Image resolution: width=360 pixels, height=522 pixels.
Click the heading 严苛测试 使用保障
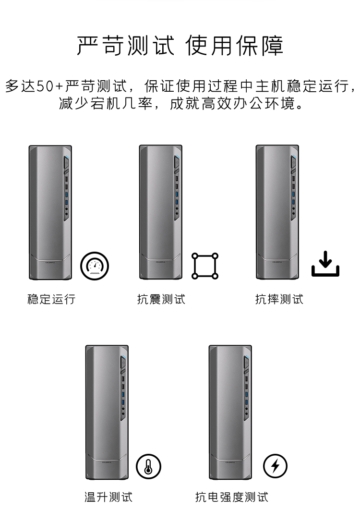point(180,46)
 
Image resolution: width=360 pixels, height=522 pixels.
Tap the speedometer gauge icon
point(95,266)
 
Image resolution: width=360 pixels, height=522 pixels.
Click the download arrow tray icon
point(325,264)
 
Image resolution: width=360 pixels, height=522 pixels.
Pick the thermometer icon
point(148,466)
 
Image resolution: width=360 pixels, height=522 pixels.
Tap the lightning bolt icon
point(275,466)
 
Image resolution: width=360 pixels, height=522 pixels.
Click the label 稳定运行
point(51,299)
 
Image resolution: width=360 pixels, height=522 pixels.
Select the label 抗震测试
point(161,299)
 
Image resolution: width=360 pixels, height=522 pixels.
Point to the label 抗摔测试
point(279,299)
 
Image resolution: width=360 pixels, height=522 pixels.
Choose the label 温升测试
point(108,497)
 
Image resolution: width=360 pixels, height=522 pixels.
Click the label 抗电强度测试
point(232,497)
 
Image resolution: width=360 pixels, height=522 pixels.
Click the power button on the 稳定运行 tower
point(66,163)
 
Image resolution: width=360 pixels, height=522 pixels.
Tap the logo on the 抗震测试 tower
point(161,262)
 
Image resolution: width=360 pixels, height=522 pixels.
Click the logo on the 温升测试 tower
point(107,462)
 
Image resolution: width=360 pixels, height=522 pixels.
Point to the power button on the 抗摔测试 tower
point(293,163)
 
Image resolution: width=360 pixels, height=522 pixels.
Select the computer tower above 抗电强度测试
point(230,413)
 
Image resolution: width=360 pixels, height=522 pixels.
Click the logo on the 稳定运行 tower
point(50,262)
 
